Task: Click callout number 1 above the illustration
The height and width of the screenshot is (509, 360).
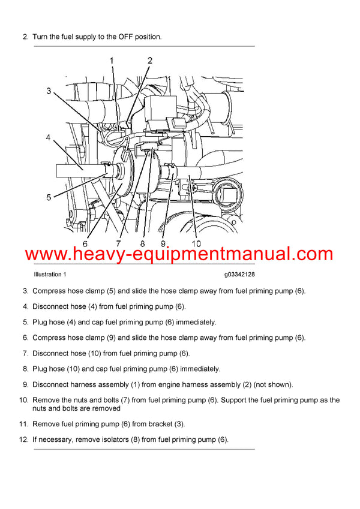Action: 111,61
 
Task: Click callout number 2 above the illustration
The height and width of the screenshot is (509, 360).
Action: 150,61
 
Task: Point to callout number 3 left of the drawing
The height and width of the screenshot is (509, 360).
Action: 49,91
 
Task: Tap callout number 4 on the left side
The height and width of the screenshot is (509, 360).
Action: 48,137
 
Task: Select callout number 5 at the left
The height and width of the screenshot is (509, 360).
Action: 48,195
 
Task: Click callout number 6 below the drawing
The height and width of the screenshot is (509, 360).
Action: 85,244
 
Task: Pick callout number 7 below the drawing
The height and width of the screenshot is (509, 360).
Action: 118,244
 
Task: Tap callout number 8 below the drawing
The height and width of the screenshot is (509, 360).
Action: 143,244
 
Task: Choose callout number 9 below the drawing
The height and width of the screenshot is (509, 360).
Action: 162,244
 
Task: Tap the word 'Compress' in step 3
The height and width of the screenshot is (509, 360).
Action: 50,291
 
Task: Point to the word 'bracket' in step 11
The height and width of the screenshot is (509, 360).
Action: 156,424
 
